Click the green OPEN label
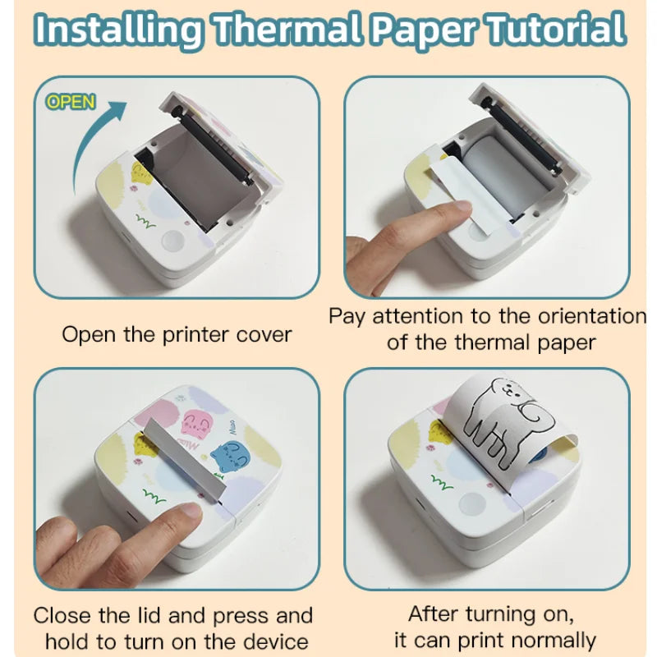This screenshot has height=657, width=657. coord(71,102)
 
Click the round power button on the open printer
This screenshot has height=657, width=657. coord(173,240)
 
